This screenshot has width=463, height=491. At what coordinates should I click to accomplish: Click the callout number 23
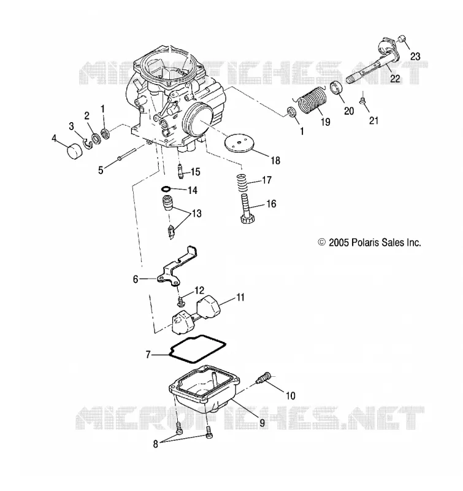(415, 56)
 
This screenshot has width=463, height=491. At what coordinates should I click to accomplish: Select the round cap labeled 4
(75, 152)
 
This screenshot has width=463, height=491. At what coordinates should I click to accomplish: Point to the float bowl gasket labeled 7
(197, 349)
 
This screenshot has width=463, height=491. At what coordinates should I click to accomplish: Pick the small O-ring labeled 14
(166, 189)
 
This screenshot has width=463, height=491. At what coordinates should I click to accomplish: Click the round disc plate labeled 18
(239, 144)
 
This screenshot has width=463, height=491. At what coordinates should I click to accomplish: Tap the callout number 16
(271, 204)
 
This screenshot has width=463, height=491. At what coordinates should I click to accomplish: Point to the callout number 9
(262, 423)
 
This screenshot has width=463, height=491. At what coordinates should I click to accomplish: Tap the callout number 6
(136, 279)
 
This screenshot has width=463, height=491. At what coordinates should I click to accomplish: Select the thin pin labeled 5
(127, 154)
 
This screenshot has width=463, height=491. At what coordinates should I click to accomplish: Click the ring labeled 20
(337, 88)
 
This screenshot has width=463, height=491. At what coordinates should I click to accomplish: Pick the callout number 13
(196, 214)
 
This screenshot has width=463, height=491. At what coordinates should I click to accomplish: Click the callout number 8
(156, 444)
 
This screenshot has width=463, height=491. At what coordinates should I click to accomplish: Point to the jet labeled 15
(180, 171)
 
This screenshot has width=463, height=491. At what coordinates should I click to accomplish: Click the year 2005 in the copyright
(339, 242)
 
